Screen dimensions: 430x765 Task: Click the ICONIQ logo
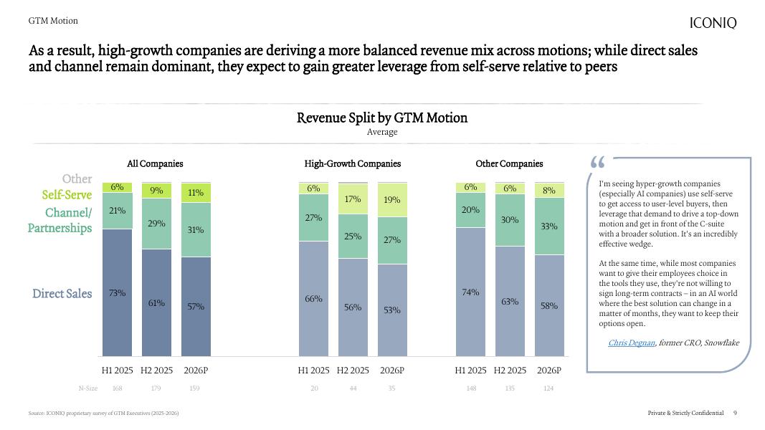713,23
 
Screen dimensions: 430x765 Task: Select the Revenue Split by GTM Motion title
382,118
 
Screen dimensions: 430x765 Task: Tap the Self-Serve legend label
67,195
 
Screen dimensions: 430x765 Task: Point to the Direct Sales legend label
62,294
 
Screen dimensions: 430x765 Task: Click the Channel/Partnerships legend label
60,220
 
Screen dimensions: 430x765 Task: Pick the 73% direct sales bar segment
117,292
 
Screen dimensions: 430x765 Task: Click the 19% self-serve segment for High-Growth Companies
391,200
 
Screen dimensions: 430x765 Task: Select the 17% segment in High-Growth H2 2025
352,199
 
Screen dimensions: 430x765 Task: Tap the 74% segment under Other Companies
470,292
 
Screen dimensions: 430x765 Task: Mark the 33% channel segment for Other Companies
548,226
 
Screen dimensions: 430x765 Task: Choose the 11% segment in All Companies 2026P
196,193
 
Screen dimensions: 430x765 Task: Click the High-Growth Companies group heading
352,164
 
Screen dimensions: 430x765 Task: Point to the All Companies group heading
155,164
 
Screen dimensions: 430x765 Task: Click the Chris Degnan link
631,343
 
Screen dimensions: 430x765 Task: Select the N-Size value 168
118,388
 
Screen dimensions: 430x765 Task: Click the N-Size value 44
352,388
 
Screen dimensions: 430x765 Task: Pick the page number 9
735,413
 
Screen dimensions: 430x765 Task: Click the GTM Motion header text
53,21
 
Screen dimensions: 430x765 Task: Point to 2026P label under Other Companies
548,371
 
